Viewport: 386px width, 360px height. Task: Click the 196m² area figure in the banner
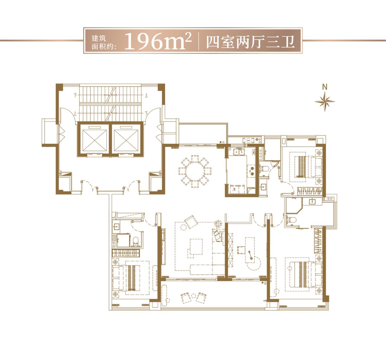[157, 41]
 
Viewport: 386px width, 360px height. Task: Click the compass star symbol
[325, 102]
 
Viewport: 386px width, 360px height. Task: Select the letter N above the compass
[325, 86]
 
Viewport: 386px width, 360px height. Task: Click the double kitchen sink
[239, 151]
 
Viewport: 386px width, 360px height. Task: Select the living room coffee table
[195, 247]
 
